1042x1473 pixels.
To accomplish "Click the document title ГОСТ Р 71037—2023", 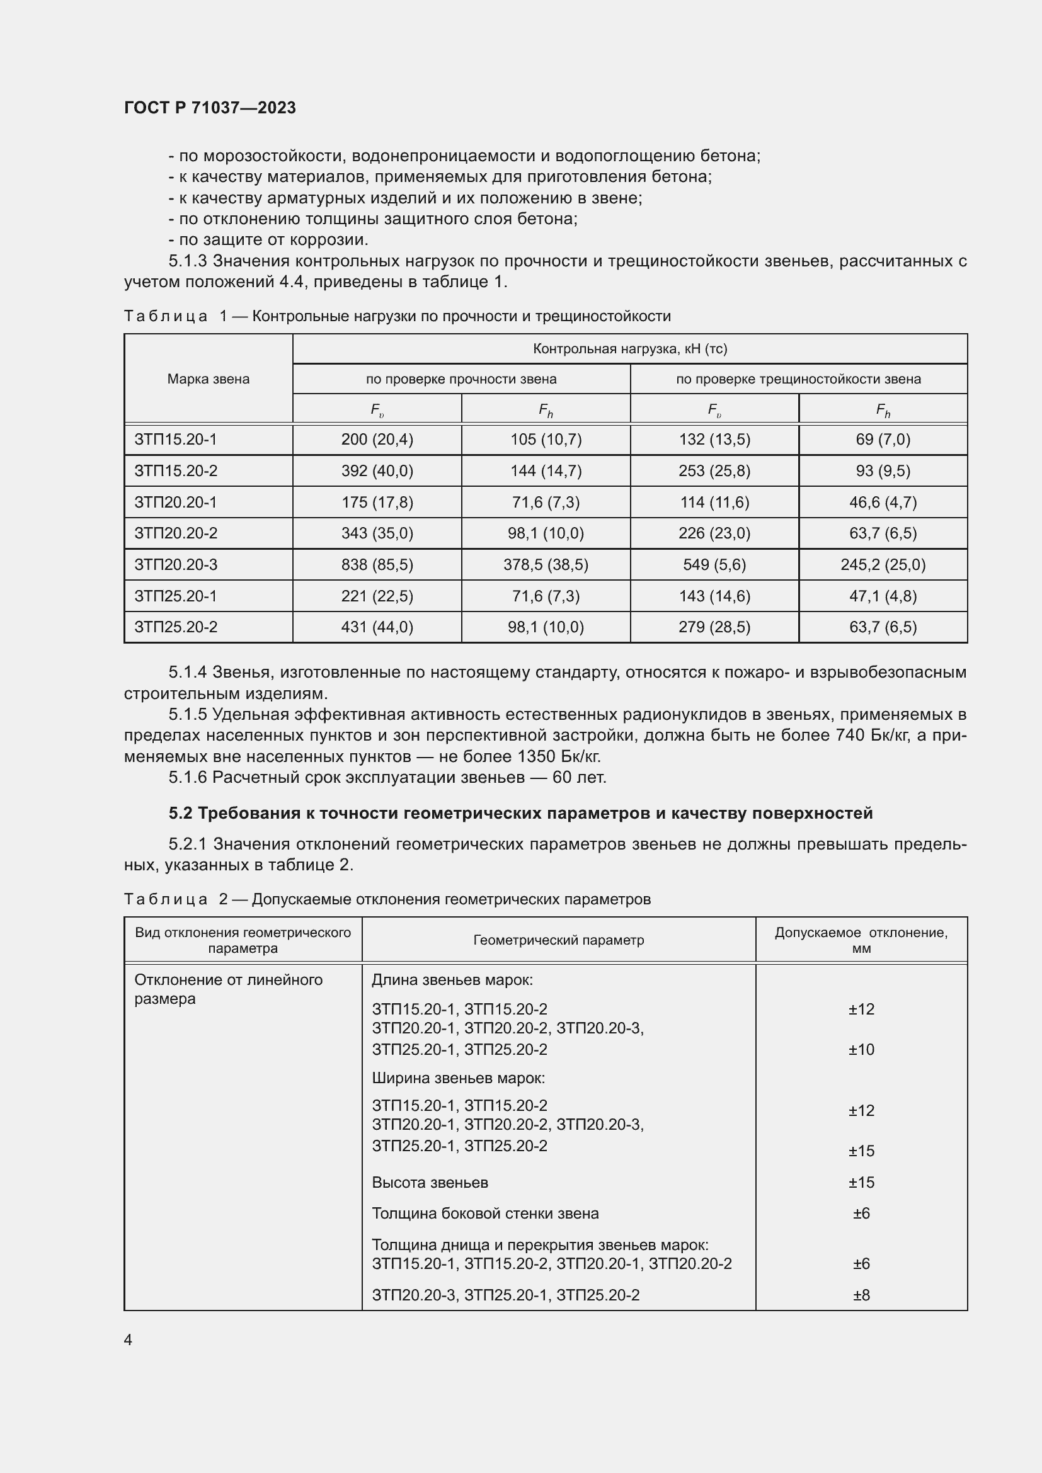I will pyautogui.click(x=210, y=108).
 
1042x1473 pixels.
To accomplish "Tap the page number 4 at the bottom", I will pyautogui.click(x=129, y=1339).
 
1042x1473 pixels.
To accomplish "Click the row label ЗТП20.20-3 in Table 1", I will pyautogui.click(x=176, y=564).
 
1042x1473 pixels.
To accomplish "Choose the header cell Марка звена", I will pyautogui.click(x=208, y=378).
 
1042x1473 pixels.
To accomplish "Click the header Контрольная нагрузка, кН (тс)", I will pyautogui.click(x=629, y=349).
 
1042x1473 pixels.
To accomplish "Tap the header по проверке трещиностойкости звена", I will pyautogui.click(x=798, y=379).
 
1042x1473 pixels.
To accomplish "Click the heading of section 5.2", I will pyautogui.click(x=520, y=813).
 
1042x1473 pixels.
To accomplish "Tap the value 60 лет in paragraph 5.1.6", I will pyautogui.click(x=579, y=778).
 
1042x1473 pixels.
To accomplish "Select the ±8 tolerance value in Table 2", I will pyautogui.click(x=861, y=1295).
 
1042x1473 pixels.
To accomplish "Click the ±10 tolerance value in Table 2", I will pyautogui.click(x=861, y=1050).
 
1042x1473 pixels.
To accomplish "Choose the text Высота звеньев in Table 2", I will pyautogui.click(x=430, y=1183).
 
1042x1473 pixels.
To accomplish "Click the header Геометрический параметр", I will pyautogui.click(x=558, y=940).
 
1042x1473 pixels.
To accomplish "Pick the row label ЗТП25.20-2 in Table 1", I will pyautogui.click(x=176, y=627).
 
